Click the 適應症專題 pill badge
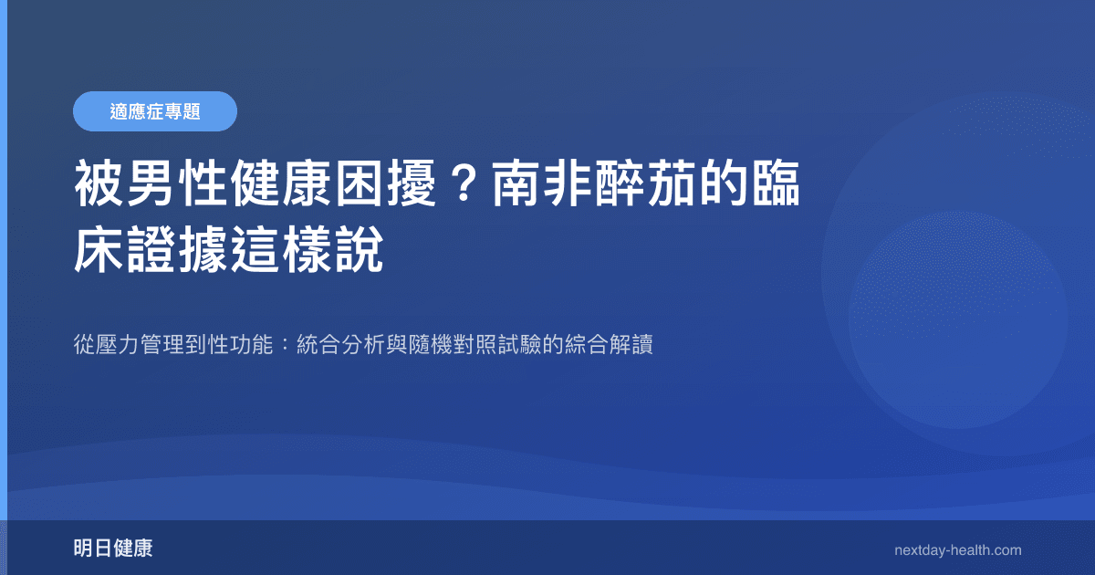[154, 111]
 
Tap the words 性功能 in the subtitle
[241, 347]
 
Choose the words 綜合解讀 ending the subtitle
[610, 347]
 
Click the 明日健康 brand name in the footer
[113, 549]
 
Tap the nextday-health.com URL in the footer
[958, 550]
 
